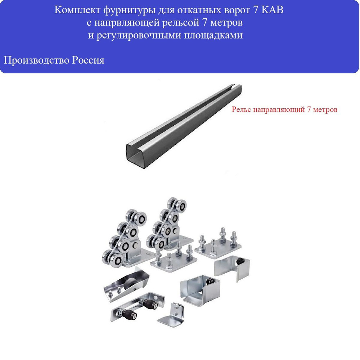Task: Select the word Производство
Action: coord(36,60)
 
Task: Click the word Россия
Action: coord(88,60)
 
